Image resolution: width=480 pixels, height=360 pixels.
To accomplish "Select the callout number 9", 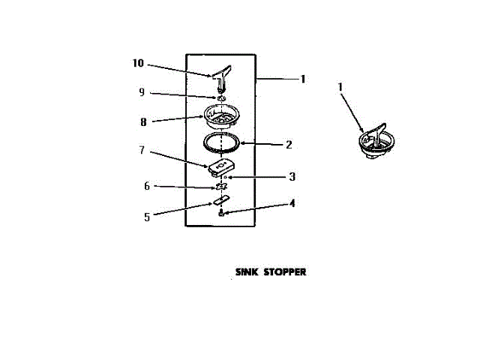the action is click(x=141, y=92).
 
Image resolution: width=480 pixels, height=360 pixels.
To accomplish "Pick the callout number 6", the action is click(x=147, y=185).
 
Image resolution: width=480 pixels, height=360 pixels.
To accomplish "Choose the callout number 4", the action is click(x=292, y=202).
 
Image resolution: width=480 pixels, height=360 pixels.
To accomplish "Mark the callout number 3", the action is click(x=292, y=177).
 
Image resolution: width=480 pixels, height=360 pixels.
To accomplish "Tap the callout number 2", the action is click(x=289, y=145).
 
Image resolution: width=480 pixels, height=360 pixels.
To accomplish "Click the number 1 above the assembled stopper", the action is click(x=340, y=88).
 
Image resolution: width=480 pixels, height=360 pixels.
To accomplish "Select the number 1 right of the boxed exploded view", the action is click(x=303, y=78).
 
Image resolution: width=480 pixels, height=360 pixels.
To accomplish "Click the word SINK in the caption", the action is click(x=247, y=272).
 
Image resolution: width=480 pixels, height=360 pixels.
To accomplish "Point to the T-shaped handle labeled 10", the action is click(x=222, y=75).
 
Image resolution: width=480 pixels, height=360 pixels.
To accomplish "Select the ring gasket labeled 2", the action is click(x=223, y=141).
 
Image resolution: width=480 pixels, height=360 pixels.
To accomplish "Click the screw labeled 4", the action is click(x=221, y=214).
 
